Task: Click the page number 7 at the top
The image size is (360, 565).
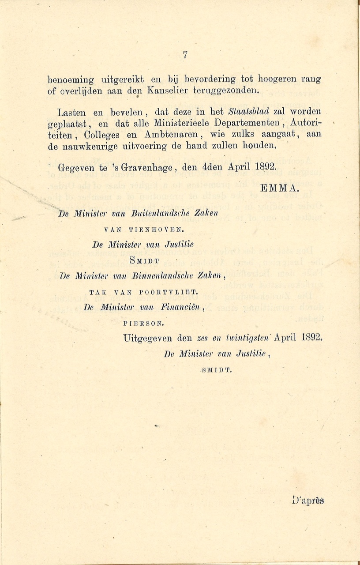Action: click(185, 55)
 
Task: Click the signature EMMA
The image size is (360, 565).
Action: click(280, 188)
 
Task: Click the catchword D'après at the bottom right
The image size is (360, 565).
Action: click(308, 501)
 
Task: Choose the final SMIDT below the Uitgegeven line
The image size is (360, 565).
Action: click(216, 370)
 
